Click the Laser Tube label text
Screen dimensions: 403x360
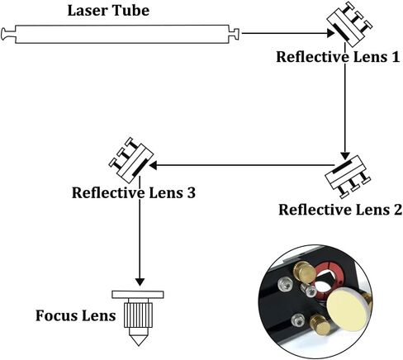tap(108, 11)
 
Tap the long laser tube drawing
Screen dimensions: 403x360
tap(121, 34)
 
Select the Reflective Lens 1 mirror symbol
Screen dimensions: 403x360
tap(349, 24)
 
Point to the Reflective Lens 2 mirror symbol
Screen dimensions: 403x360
tap(348, 176)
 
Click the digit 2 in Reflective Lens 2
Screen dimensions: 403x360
tap(396, 210)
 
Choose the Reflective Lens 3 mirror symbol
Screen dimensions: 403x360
tap(131, 160)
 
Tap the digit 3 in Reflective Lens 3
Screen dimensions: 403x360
tap(191, 192)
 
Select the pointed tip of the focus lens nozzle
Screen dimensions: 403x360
tap(138, 345)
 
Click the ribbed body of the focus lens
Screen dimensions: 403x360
tap(138, 315)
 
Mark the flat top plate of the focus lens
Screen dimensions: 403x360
tap(138, 295)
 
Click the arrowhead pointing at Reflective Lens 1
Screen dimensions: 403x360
tap(330, 33)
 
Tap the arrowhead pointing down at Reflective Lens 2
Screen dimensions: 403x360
tap(345, 155)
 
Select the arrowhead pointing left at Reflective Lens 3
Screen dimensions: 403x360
tap(153, 165)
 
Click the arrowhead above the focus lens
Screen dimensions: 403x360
tap(140, 282)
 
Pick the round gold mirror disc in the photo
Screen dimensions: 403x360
tap(346, 310)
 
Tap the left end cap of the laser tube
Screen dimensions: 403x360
tap(8, 34)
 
